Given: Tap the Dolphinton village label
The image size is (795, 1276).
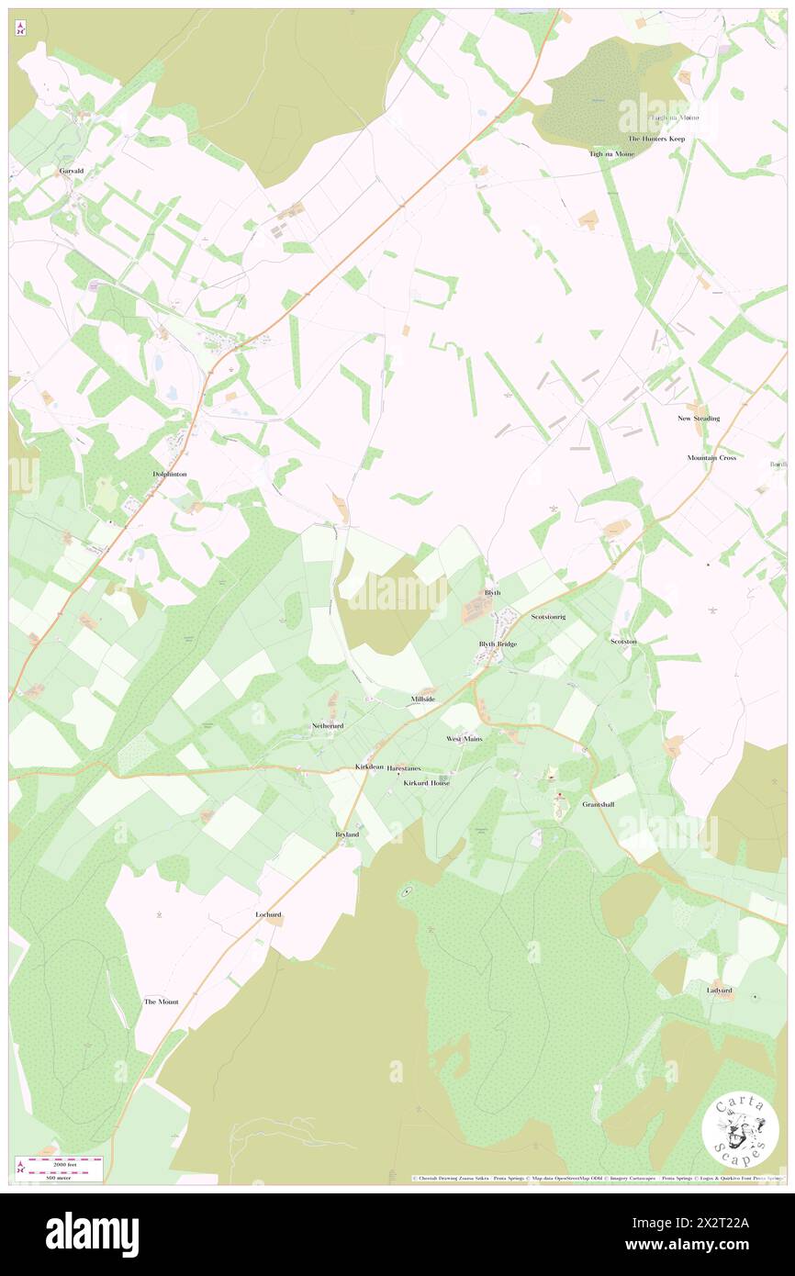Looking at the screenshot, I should tap(170, 474).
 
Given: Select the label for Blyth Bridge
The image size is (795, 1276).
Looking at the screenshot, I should tap(498, 644).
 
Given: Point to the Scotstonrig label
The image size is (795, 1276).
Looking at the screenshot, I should tap(548, 617).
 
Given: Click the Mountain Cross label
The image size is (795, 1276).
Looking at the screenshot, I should tap(711, 457).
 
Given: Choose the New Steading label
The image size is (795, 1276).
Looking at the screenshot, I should tap(699, 419).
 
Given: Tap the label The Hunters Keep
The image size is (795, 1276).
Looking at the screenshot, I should tap(656, 139).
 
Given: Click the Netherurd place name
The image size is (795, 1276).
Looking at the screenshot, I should tap(328, 725).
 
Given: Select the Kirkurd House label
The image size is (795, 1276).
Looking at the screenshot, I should tap(427, 783).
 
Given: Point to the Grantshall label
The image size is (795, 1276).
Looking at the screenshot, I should tap(598, 804).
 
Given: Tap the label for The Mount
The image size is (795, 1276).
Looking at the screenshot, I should tap(161, 1001).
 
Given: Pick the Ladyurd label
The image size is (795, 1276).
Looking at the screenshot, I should tap(720, 991).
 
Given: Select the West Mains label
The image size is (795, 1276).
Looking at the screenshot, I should tap(465, 738).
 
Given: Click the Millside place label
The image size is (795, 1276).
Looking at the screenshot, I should tap(422, 700).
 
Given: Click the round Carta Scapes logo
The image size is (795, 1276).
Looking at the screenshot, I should tap(741, 1132).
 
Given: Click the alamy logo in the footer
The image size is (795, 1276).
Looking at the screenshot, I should tap(92, 1235).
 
